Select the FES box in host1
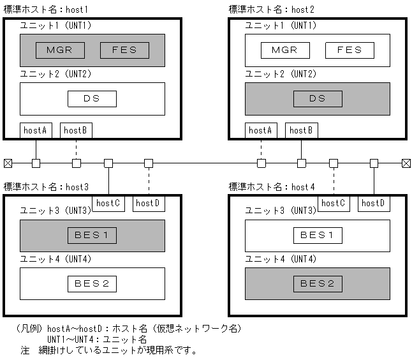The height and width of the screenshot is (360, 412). (x=124, y=50)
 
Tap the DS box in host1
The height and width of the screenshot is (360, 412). (x=92, y=99)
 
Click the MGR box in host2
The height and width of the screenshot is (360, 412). (x=285, y=50)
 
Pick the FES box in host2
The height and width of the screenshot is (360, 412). (x=349, y=50)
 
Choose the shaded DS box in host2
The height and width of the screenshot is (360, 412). (x=318, y=99)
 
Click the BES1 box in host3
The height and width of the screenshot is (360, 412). (x=92, y=235)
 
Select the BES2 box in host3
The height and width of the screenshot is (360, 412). (x=92, y=283)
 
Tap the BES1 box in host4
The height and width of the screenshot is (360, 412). (x=318, y=235)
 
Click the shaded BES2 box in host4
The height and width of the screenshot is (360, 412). (x=318, y=283)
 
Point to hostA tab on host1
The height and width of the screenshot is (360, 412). (x=36, y=130)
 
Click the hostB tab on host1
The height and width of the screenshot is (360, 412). (x=76, y=130)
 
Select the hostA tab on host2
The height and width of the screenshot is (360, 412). (x=261, y=130)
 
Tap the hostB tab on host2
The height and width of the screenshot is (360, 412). (x=301, y=130)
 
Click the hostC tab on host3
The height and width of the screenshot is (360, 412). (x=108, y=204)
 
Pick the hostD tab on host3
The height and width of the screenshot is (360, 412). (x=148, y=204)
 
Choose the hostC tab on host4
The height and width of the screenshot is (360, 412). (x=334, y=204)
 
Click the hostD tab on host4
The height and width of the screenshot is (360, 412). (x=374, y=204)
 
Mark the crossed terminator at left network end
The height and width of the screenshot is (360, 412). (x=8, y=163)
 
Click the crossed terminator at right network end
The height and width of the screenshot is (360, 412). (x=406, y=163)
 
